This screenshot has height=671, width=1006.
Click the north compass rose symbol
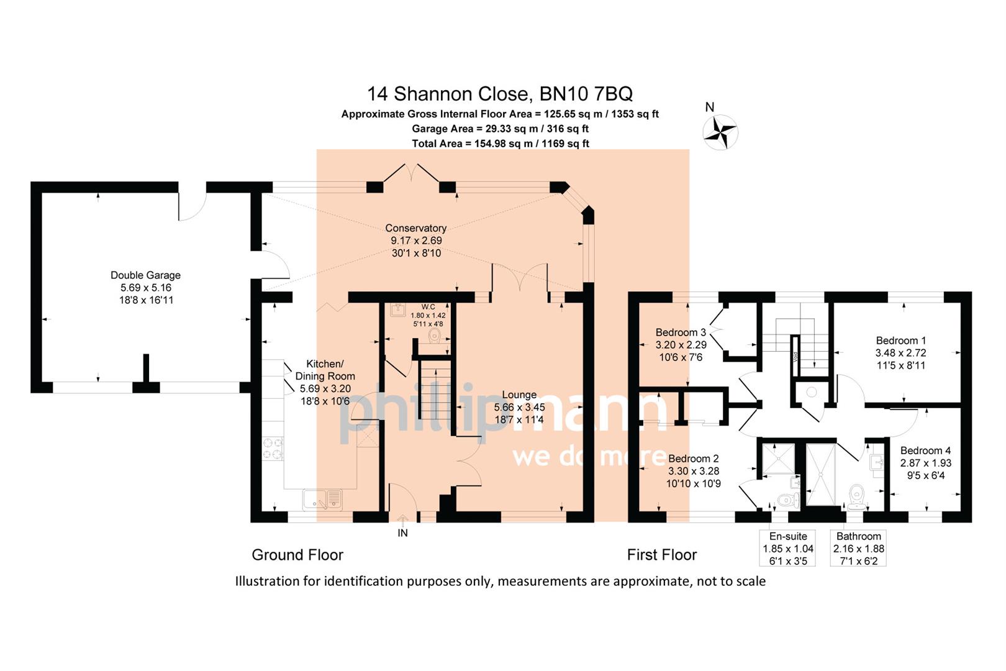click(720, 132)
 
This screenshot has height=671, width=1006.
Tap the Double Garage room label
click(145, 275)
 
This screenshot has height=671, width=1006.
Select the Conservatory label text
click(415, 229)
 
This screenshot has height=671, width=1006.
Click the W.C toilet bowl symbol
click(435, 336)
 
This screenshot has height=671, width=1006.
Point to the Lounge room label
click(519, 395)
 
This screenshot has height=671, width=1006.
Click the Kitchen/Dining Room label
click(325, 370)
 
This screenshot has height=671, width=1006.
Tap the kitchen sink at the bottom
click(323, 498)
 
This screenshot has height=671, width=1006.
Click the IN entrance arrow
click(402, 526)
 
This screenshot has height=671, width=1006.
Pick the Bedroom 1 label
click(900, 340)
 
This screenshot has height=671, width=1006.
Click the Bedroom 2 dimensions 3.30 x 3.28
click(693, 471)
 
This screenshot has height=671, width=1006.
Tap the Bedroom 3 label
click(681, 332)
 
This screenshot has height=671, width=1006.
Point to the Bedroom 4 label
click(925, 450)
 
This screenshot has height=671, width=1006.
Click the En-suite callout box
click(787, 548)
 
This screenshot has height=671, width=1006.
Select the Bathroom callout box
click(858, 548)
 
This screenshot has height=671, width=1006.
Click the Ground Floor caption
click(297, 555)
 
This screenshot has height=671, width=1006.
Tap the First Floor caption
click(661, 555)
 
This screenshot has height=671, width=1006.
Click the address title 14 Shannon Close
click(500, 94)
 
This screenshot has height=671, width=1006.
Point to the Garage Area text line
click(500, 129)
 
